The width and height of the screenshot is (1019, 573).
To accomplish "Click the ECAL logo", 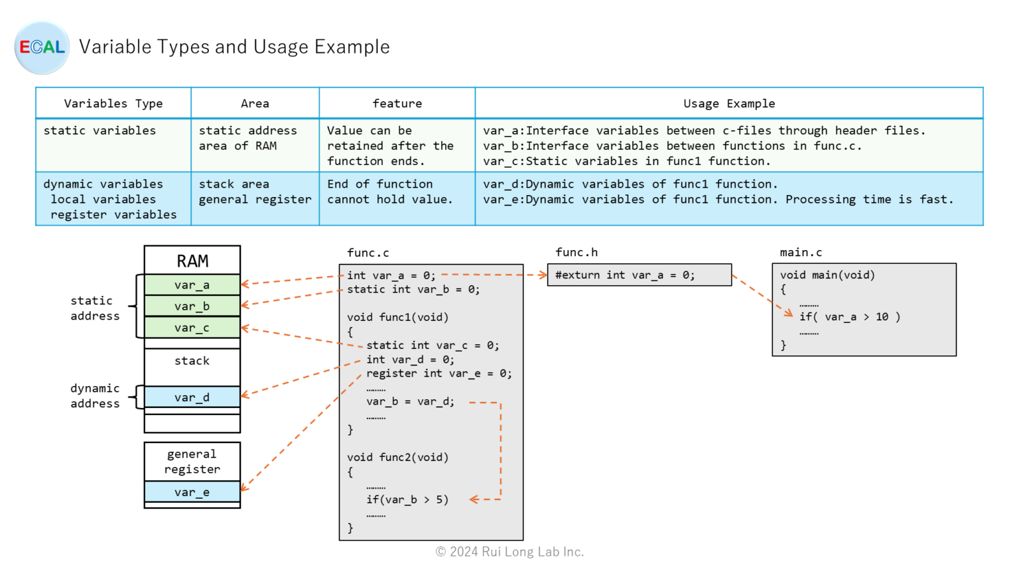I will click(42, 48).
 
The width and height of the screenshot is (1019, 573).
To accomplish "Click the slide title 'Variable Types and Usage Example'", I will click(234, 47).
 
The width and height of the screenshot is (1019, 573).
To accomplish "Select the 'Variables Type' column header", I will click(113, 103).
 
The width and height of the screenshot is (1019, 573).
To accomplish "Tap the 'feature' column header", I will click(397, 103).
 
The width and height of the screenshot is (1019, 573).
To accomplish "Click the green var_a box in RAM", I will click(192, 285).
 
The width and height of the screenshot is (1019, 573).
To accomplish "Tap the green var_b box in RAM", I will click(192, 306).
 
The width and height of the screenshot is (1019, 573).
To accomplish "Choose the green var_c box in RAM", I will click(192, 328).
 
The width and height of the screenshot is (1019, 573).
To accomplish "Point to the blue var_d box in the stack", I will click(192, 397).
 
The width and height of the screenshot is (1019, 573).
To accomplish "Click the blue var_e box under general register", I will click(192, 492).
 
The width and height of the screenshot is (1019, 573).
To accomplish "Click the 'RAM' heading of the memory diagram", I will click(192, 261).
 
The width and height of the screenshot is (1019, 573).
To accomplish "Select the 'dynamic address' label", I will click(95, 396).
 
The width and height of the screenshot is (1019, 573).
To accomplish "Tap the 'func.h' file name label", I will click(577, 253).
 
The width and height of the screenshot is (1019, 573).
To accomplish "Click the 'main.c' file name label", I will click(801, 253).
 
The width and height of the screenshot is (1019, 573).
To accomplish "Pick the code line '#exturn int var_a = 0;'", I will click(625, 275).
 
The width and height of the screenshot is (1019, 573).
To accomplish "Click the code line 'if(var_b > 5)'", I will click(407, 500).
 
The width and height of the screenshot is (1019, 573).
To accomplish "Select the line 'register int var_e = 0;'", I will click(439, 373).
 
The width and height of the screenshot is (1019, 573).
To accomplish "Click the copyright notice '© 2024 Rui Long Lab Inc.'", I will click(509, 552).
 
